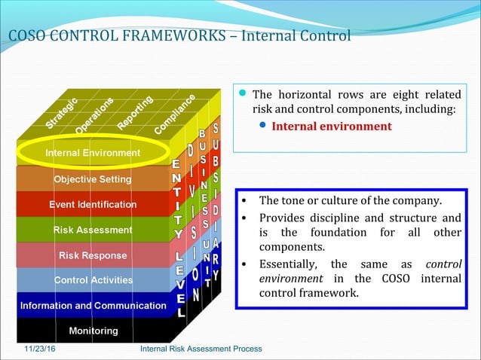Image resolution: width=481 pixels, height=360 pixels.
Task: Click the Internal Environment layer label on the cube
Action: [93, 154]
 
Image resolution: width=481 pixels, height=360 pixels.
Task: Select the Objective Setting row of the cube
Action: [92, 179]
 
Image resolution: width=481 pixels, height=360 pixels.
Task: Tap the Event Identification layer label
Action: [93, 204]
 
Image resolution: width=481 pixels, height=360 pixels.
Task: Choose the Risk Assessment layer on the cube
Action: [93, 230]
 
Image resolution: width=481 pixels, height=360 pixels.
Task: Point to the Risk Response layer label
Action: [93, 255]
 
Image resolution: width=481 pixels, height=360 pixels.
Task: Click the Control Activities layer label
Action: [93, 280]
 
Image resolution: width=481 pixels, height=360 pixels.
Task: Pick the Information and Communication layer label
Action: [93, 306]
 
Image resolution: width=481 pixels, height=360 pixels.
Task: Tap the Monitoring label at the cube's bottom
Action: [93, 331]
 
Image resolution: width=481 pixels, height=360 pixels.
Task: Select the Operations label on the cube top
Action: [94, 115]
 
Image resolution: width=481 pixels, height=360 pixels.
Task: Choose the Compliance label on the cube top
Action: [176, 114]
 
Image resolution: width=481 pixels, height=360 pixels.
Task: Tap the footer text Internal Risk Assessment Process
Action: [201, 349]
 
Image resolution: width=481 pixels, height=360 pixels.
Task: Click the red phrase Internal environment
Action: [332, 127]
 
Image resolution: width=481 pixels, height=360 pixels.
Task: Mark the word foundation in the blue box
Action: [347, 233]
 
